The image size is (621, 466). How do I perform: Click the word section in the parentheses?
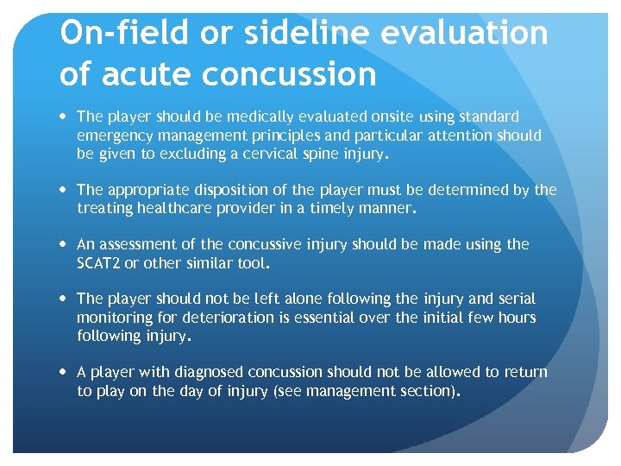428,390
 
